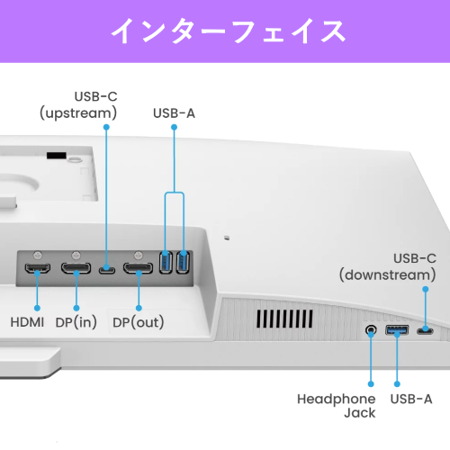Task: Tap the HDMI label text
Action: point(33,321)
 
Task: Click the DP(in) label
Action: point(76,321)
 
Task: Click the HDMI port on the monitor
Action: point(37,268)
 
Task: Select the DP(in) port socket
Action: point(75,268)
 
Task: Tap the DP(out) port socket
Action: point(138,268)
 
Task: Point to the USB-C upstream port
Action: point(107,268)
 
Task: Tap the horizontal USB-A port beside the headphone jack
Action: point(397,331)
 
